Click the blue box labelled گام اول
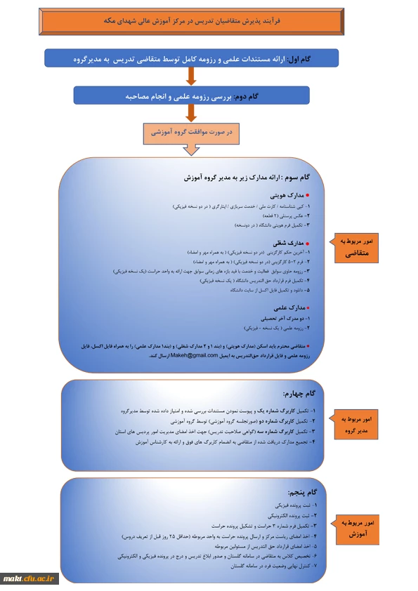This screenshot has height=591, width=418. click(x=192, y=58)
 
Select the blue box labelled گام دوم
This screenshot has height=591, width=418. click(x=190, y=95)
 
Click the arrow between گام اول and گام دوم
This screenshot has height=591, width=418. click(x=190, y=77)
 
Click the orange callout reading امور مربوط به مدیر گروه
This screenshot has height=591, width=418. click(x=360, y=423)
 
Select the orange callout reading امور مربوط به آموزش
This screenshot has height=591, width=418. click(x=360, y=528)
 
